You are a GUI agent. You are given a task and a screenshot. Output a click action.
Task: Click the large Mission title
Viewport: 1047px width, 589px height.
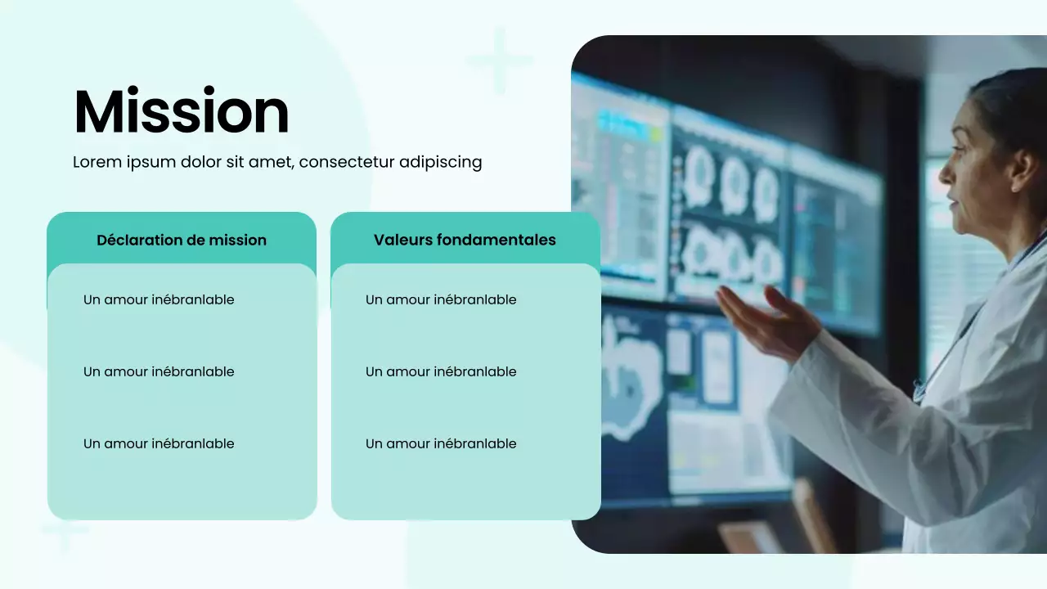click(182, 112)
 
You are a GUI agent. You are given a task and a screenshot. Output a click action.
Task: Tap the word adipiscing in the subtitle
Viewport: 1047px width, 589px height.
click(440, 162)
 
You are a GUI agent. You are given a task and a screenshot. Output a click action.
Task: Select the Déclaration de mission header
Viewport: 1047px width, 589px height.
click(182, 240)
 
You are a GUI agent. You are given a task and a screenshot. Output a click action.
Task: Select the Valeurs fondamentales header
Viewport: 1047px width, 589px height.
click(465, 240)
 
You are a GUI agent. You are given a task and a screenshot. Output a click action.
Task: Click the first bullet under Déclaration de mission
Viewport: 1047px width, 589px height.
click(159, 299)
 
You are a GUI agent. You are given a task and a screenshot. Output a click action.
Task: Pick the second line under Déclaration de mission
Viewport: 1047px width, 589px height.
click(159, 371)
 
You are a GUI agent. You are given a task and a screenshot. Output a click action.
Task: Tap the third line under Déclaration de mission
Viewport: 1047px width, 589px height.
click(159, 443)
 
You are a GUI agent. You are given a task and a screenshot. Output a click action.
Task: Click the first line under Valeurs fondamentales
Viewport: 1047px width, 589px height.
click(441, 299)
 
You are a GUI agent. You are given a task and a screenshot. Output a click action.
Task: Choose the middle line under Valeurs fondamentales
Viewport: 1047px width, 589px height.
click(441, 371)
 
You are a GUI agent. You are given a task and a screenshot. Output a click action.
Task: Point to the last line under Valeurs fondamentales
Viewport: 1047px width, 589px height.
click(441, 443)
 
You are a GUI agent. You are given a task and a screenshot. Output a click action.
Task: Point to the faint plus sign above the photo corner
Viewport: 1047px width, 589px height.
click(499, 60)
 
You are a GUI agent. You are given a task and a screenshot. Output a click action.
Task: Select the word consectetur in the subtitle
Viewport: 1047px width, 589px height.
click(347, 162)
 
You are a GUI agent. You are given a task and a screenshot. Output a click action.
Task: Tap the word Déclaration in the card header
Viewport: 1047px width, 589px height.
click(131, 240)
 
